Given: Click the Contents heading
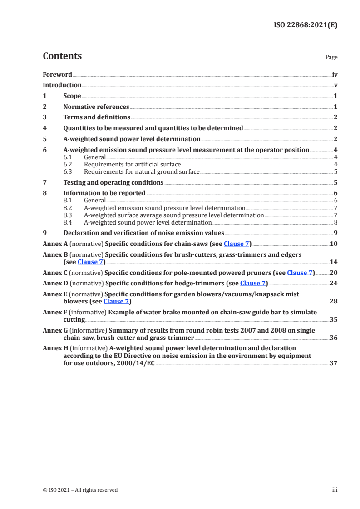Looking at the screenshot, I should click(62, 56).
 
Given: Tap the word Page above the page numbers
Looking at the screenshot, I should click(331, 58).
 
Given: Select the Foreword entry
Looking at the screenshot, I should click(57, 74).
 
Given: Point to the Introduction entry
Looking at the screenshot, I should click(62, 85).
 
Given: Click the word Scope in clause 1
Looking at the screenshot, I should click(72, 96).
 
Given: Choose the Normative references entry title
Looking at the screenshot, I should click(96, 107).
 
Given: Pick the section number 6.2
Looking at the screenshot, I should click(68, 164).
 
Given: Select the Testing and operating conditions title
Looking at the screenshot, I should click(113, 182).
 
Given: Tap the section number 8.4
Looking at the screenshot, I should click(68, 222).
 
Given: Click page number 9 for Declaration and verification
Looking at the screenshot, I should click(335, 233).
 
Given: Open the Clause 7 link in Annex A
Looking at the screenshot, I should click(237, 244).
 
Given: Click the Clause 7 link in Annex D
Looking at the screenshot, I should click(253, 283).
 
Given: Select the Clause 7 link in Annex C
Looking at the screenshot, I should click(300, 273).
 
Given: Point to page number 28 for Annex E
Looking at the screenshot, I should click(333, 301).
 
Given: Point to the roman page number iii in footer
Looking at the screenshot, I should click(335, 490).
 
